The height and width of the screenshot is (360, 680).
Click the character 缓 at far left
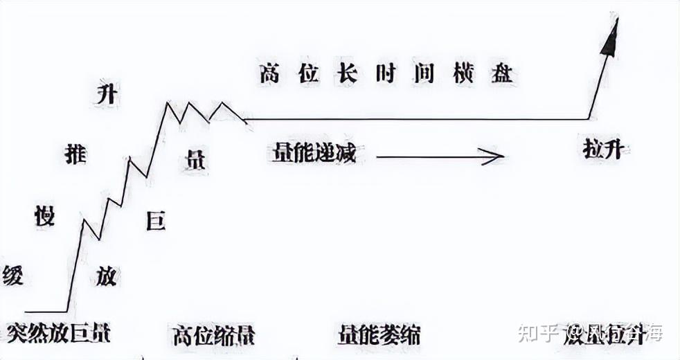pyautogui.click(x=12, y=275)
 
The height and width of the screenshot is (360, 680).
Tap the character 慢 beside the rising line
pyautogui.click(x=44, y=216)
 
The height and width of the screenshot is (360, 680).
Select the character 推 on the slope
pyautogui.click(x=75, y=154)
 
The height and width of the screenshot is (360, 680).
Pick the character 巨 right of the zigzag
pyautogui.click(x=156, y=221)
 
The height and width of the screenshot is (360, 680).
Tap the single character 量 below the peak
pyautogui.click(x=195, y=161)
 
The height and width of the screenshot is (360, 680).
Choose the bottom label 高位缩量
pyautogui.click(x=213, y=335)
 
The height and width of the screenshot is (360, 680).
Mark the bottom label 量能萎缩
pyautogui.click(x=379, y=334)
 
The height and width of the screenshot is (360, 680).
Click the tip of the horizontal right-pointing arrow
pyautogui.click(x=502, y=157)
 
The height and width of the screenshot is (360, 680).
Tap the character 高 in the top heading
pyautogui.click(x=270, y=73)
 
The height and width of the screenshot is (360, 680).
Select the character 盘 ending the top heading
pyautogui.click(x=503, y=73)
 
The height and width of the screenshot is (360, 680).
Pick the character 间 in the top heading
pyautogui.click(x=425, y=73)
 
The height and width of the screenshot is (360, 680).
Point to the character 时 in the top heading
pyautogui.click(x=386, y=73)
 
